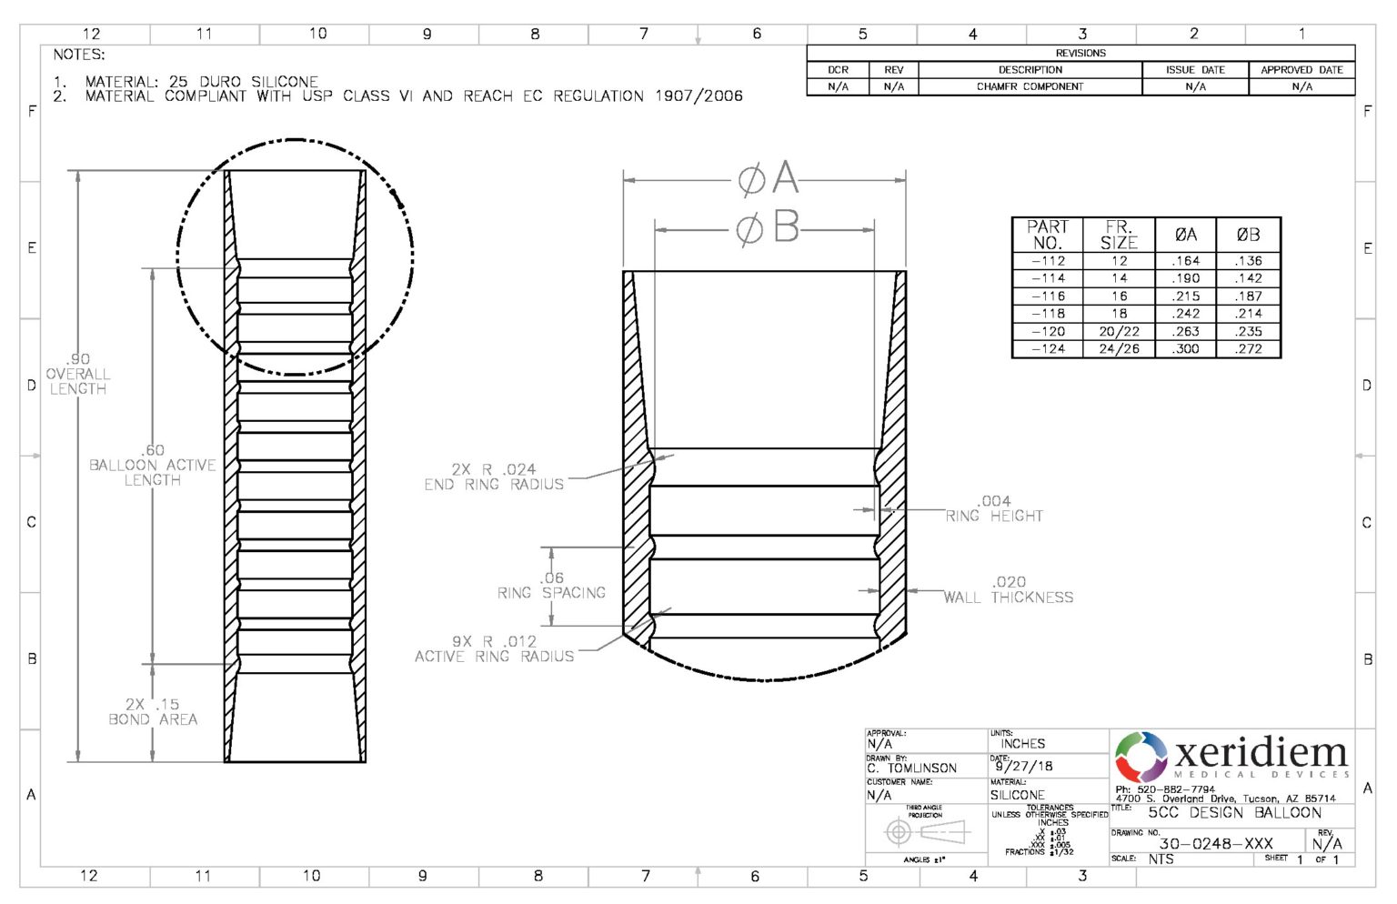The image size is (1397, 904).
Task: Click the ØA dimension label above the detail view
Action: pos(769,179)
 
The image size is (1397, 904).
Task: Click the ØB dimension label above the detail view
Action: pos(769,228)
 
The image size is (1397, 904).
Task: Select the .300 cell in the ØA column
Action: pos(1185,348)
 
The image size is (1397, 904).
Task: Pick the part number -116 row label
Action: pos(1048,296)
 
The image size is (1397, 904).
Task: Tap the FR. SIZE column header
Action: pos(1119,235)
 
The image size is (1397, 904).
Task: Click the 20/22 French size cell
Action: pos(1119,331)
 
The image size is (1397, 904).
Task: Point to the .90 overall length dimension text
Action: pos(78,374)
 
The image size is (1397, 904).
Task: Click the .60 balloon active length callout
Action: pos(153,465)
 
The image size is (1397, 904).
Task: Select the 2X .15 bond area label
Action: pos(153,711)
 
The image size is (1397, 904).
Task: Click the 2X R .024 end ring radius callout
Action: pos(494,477)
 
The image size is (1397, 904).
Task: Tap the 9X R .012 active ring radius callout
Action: pos(494,648)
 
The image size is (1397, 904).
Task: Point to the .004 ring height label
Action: pos(994,508)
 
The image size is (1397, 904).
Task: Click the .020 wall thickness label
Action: pos(1008,589)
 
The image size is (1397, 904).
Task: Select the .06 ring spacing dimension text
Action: pos(552,585)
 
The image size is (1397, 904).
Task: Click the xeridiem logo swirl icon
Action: pos(1141,757)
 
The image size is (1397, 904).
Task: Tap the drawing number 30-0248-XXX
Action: pos(1215,843)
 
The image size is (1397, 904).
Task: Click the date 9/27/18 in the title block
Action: pos(1023,766)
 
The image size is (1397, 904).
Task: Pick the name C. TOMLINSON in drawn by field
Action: pos(911,768)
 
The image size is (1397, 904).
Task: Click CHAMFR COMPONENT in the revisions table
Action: pos(1030,86)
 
